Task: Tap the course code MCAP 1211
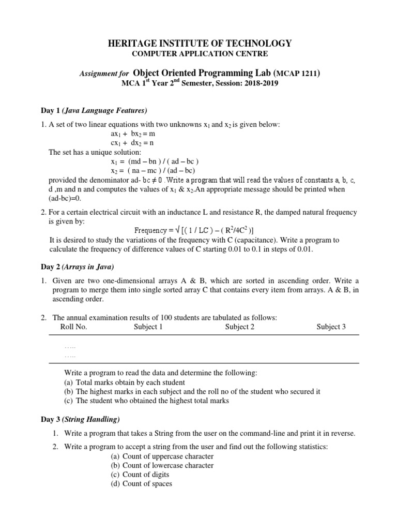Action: click(296, 74)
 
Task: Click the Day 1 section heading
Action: click(94, 110)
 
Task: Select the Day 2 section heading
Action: click(78, 267)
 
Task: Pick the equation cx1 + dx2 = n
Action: click(132, 143)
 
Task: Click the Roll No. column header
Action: click(74, 327)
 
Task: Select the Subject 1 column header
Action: click(148, 327)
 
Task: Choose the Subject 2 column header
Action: click(240, 327)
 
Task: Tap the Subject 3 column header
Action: click(331, 327)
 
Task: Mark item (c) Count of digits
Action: click(140, 475)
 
